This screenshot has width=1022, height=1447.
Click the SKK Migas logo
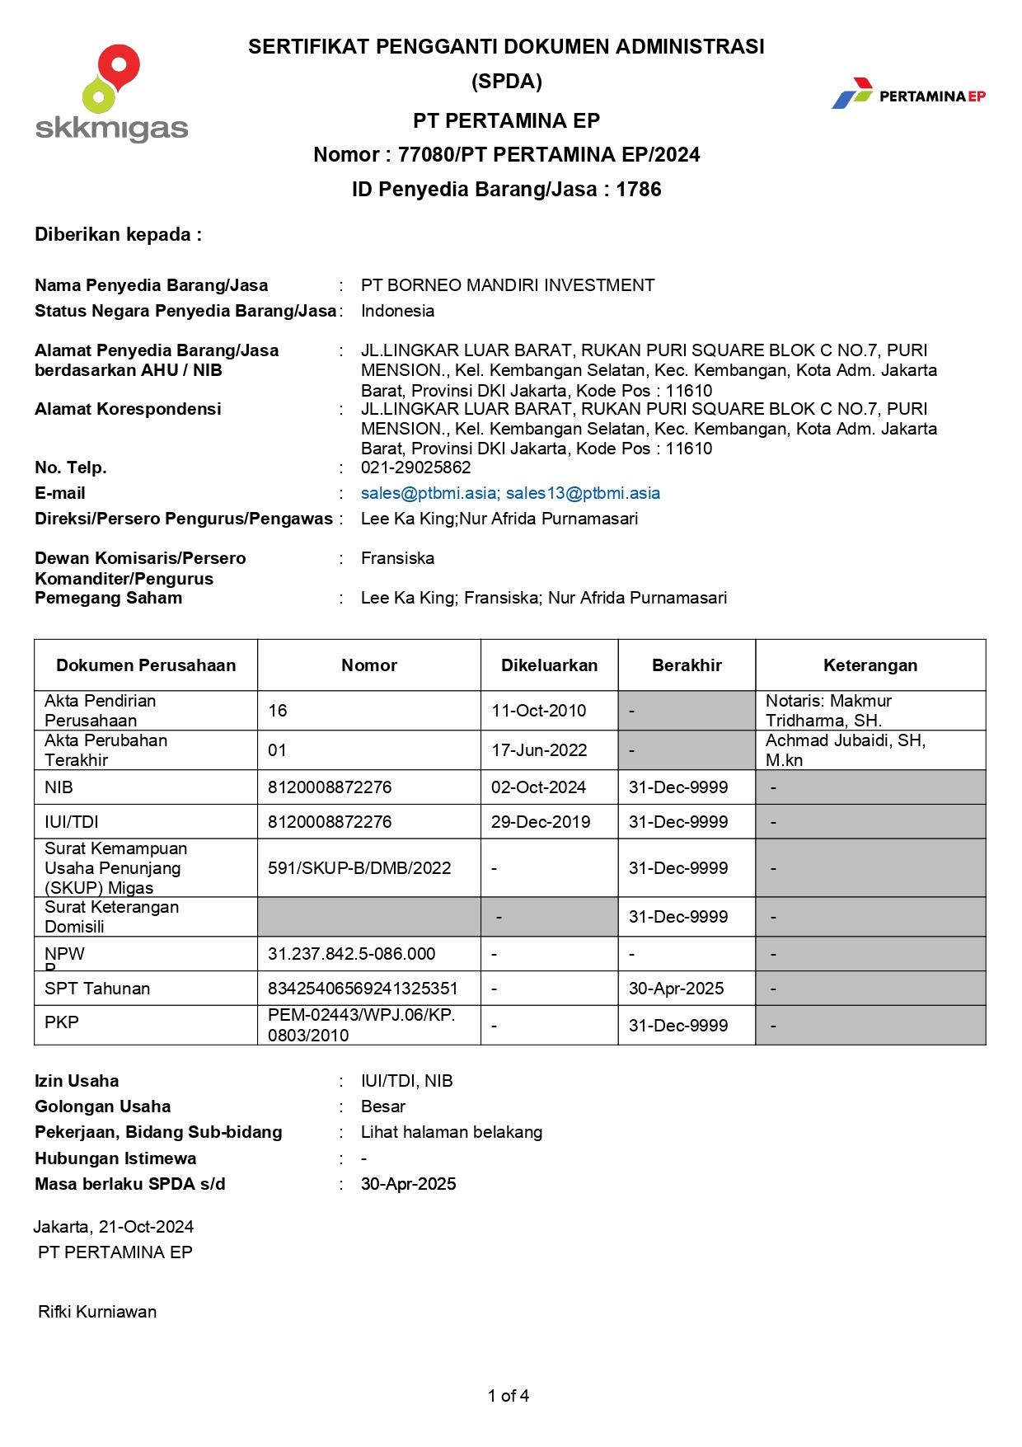(112, 93)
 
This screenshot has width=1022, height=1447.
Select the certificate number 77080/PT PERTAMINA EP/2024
(549, 155)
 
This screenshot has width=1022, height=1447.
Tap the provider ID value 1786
(639, 190)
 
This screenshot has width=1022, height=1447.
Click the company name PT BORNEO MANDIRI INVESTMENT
(508, 285)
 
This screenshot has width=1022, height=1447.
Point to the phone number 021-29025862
(416, 467)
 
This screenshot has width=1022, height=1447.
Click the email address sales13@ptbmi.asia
(583, 493)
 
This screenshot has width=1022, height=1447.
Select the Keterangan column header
(870, 665)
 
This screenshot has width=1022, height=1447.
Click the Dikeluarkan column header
(550, 665)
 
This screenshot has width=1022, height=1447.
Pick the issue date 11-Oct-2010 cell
(539, 711)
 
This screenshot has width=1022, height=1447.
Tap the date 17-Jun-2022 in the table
(539, 750)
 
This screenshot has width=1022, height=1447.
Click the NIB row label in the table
(59, 787)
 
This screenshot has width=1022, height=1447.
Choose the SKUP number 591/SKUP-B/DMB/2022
(359, 868)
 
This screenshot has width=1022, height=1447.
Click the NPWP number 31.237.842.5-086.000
(352, 954)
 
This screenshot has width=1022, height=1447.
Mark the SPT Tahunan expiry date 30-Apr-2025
(677, 989)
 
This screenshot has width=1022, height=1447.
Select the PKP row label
(62, 1022)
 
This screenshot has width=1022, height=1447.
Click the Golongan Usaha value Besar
(383, 1106)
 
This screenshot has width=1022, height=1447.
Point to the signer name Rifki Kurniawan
(97, 1312)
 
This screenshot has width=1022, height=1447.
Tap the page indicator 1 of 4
(509, 1396)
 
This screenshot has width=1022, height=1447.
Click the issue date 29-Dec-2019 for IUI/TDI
(541, 822)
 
